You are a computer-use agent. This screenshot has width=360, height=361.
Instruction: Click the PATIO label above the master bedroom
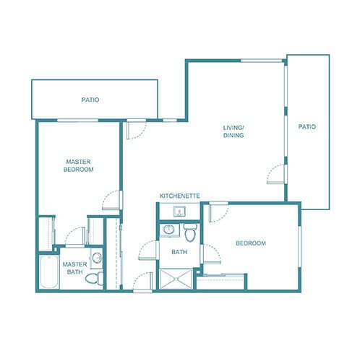[x=90, y=100]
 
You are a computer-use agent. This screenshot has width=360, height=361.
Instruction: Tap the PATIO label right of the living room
[x=307, y=127]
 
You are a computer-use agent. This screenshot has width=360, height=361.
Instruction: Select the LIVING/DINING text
[x=233, y=132]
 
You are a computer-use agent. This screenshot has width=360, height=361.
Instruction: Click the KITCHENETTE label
[x=179, y=196]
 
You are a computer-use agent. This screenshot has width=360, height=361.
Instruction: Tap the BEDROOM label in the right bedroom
[x=251, y=243]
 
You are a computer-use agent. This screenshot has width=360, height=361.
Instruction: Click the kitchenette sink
[x=179, y=210]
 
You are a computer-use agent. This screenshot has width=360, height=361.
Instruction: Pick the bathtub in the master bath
[x=47, y=271]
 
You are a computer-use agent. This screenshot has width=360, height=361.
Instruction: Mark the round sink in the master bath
[x=96, y=257]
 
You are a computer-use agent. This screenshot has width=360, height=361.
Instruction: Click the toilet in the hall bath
[x=190, y=232]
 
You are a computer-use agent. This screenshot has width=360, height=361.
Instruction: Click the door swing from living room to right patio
[x=275, y=173]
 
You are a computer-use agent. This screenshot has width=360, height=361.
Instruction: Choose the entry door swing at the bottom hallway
[x=141, y=281]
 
